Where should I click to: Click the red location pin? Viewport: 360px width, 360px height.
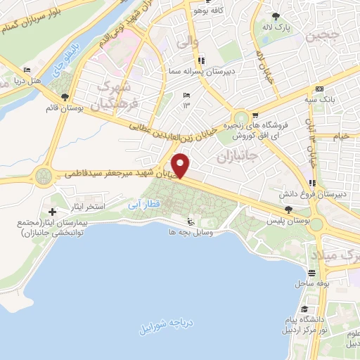[x=181, y=165]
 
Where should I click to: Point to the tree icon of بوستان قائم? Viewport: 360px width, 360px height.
[x=65, y=97]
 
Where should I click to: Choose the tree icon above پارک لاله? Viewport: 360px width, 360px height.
[x=276, y=16]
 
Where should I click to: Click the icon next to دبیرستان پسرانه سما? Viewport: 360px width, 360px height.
[x=202, y=60]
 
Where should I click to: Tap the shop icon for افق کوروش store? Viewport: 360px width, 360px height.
[x=255, y=117]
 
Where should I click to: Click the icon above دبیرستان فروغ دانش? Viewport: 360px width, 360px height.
[x=312, y=181]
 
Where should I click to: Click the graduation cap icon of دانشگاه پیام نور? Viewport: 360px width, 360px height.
[x=303, y=309]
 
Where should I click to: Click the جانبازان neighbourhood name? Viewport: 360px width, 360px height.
[x=235, y=156]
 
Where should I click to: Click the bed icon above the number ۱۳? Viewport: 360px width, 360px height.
[x=186, y=95]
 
